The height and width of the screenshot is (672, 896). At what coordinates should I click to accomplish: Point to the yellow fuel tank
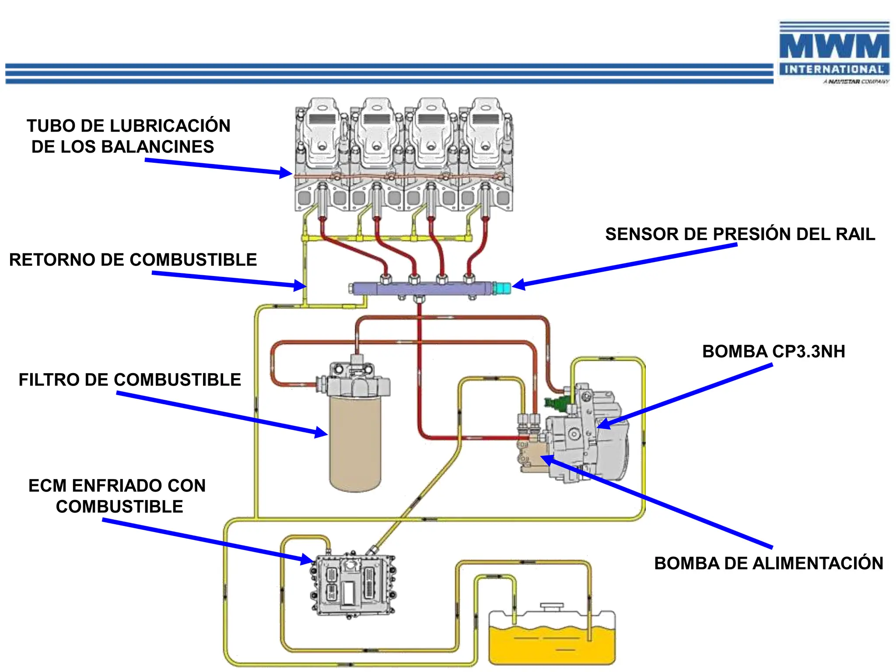(x=552, y=643)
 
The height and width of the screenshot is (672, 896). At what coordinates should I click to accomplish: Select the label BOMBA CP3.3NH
(x=773, y=351)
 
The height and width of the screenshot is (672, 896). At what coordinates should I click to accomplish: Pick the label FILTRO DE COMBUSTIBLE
(x=129, y=379)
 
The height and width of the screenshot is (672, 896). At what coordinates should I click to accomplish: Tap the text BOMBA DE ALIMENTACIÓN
(x=768, y=563)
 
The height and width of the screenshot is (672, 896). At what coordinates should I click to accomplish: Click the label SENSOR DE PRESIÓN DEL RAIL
(x=740, y=234)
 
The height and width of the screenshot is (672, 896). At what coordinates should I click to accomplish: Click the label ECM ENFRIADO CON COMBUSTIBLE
(x=117, y=496)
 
